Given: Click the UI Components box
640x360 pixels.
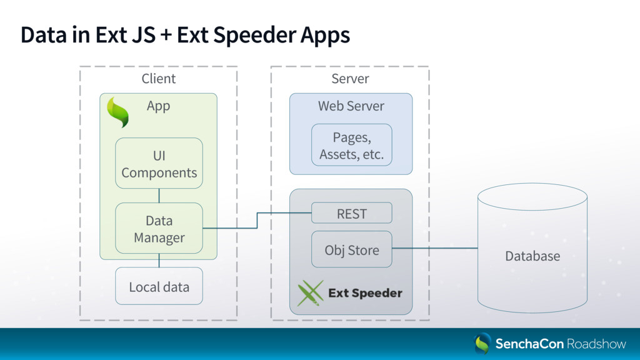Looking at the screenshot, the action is click(x=159, y=163).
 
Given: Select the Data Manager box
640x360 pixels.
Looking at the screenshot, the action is click(x=159, y=228).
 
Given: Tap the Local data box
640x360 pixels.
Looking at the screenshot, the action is click(x=159, y=286).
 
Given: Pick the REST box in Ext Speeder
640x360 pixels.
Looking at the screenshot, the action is click(x=351, y=213).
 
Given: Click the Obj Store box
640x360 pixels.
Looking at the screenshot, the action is click(x=351, y=249).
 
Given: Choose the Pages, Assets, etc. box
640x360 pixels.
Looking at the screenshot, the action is click(x=351, y=145).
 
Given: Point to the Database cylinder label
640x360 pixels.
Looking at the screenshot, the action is click(x=532, y=256).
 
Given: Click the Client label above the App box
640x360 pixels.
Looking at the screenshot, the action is click(x=158, y=78).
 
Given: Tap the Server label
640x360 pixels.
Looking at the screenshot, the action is click(x=350, y=78).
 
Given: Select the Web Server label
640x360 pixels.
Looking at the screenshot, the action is click(x=351, y=106).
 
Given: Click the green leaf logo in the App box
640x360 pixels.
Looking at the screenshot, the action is click(x=117, y=112).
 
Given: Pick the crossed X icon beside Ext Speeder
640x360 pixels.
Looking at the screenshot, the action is click(x=310, y=293).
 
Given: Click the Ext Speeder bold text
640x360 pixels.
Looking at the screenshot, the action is click(x=365, y=293).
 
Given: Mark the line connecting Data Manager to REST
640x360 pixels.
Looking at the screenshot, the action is click(x=257, y=221).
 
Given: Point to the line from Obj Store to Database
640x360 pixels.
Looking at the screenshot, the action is click(x=435, y=247).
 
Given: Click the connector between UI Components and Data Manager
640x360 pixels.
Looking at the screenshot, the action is click(x=159, y=196).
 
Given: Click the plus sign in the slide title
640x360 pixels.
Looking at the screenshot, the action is click(x=166, y=35).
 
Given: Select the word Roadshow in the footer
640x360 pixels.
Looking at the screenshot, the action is click(x=596, y=344).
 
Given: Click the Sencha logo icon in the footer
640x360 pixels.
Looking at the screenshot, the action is click(x=482, y=343).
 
